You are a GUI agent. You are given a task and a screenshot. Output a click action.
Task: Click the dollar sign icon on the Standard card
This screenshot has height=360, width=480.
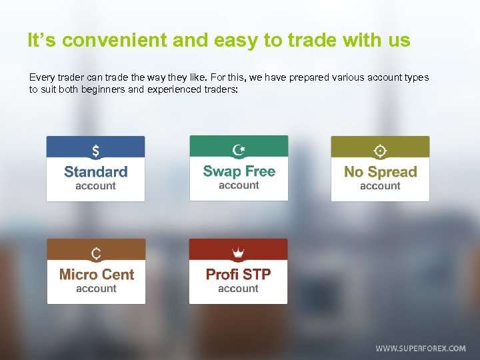click(95, 151)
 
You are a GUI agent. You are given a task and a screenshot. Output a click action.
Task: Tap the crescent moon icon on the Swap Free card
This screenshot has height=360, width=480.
click(238, 150)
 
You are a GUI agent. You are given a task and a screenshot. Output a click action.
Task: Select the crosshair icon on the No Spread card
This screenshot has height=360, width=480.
click(380, 151)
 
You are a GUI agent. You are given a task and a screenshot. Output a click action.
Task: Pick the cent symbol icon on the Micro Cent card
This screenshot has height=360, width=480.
click(96, 254)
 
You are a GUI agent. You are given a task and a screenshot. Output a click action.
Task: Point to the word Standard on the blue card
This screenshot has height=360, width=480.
click(95, 172)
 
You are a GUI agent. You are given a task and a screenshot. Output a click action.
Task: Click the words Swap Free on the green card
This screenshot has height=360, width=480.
click(239, 171)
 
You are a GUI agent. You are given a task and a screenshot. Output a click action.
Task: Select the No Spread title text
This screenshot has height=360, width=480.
click(380, 172)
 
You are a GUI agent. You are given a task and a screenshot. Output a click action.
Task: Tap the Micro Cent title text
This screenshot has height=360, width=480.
click(96, 275)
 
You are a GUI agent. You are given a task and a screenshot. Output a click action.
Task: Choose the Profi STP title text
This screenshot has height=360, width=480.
click(238, 275)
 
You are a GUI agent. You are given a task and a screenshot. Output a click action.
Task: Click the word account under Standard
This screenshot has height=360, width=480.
click(95, 187)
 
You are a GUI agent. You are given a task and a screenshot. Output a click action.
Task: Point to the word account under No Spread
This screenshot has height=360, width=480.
click(380, 187)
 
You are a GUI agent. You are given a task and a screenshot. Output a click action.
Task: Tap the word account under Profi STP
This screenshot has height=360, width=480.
click(238, 289)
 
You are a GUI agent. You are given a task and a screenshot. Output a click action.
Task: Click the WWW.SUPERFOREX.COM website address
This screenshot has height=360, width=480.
click(420, 349)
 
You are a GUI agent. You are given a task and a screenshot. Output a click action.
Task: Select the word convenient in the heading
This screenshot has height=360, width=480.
click(117, 41)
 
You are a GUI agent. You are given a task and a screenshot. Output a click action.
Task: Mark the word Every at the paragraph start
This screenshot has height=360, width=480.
click(41, 78)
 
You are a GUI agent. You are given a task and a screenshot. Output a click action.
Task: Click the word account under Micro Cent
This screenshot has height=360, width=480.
click(96, 289)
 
